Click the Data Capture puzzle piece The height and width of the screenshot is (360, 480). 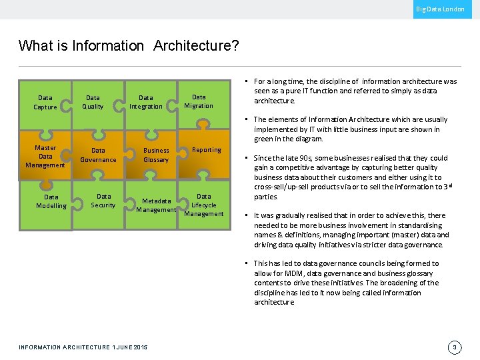coord(45,102)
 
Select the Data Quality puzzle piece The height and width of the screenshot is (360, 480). coord(93,102)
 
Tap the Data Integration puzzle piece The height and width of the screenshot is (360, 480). coord(146,102)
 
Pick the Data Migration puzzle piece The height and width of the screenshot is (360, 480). coord(199,101)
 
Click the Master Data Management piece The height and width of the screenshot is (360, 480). coord(45,156)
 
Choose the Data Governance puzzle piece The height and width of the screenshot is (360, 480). coord(98,155)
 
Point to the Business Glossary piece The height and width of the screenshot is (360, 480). coord(156,155)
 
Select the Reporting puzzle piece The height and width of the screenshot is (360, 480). coord(207,150)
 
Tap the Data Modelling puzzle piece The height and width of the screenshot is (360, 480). coord(51,201)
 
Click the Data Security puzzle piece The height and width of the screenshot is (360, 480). coord(103,201)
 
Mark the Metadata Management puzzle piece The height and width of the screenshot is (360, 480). coord(156,205)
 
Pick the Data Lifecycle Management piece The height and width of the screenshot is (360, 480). coord(204,205)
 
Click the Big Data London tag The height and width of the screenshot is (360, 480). coord(440,9)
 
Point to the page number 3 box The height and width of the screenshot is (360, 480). coord(454,347)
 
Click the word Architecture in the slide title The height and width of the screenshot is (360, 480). coord(192,46)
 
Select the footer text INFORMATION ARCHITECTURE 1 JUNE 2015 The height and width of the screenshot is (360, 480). coord(83,347)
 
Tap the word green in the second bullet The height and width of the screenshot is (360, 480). coord(264,139)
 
